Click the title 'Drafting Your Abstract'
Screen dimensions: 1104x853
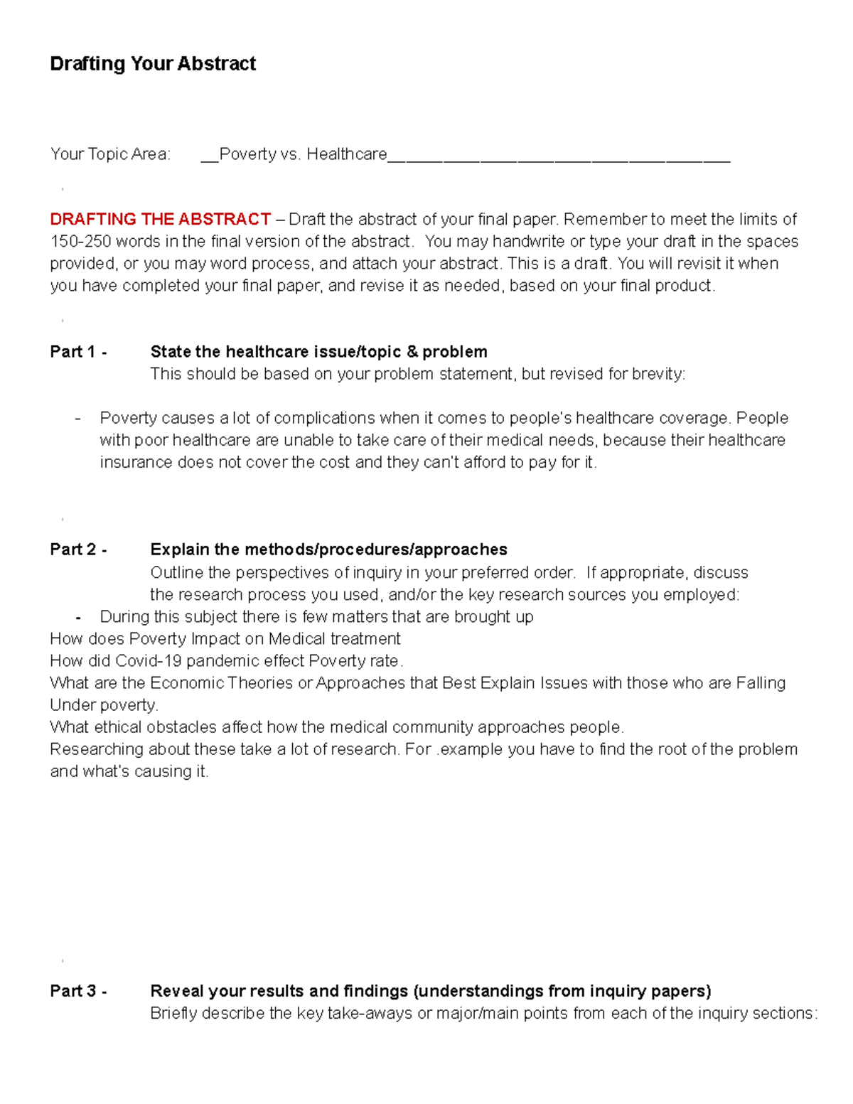coord(153,64)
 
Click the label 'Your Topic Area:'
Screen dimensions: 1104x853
coord(110,154)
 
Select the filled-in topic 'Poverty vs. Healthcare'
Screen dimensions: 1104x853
coord(303,154)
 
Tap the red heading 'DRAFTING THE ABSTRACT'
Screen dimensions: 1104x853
coord(160,219)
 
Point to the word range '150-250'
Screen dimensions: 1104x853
coord(80,241)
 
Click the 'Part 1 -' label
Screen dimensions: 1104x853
coord(78,352)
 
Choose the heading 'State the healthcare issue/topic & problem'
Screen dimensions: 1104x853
coord(318,352)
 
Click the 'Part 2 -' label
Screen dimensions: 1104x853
coord(78,550)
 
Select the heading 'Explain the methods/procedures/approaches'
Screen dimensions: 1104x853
coord(328,550)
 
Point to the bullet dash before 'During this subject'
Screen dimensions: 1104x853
coord(77,617)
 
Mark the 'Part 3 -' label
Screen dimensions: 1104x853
coord(78,991)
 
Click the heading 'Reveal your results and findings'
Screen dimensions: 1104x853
coord(279,991)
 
